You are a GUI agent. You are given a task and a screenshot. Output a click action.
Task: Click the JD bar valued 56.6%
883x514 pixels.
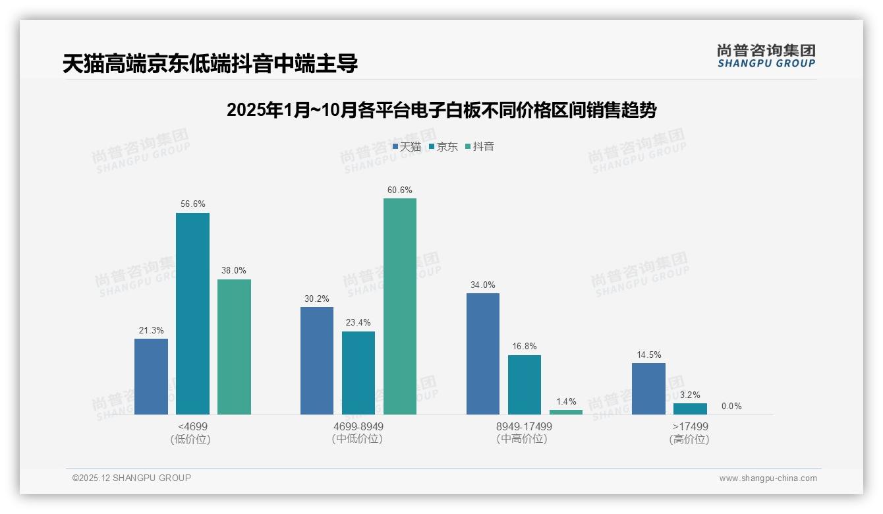pyautogui.click(x=192, y=313)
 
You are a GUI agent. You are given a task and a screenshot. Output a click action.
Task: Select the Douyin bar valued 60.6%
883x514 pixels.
pyautogui.click(x=400, y=306)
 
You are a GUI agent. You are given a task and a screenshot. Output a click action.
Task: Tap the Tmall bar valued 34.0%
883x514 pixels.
pyautogui.click(x=483, y=353)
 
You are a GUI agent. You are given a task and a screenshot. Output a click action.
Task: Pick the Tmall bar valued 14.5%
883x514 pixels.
pyautogui.click(x=648, y=388)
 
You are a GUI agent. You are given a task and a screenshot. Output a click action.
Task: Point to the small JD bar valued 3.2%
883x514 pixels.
pyautogui.click(x=690, y=409)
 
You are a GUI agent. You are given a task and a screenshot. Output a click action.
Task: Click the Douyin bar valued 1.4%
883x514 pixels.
pyautogui.click(x=566, y=412)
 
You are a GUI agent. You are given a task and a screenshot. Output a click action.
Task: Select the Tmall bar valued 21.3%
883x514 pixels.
pyautogui.click(x=151, y=376)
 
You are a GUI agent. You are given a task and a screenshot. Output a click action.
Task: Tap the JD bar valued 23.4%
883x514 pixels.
pyautogui.click(x=358, y=372)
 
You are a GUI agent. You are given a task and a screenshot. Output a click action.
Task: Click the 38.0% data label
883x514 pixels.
pyautogui.click(x=234, y=270)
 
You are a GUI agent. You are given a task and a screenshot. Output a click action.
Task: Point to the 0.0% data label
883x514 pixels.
pyautogui.click(x=731, y=406)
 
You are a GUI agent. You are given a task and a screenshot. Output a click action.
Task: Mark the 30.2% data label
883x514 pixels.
pyautogui.click(x=317, y=299)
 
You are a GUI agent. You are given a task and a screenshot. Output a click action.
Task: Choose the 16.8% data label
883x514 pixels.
pyautogui.click(x=525, y=346)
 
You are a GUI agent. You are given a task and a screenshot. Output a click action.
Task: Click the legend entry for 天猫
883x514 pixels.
pyautogui.click(x=407, y=146)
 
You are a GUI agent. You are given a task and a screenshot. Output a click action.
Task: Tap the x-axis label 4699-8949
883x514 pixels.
pyautogui.click(x=358, y=426)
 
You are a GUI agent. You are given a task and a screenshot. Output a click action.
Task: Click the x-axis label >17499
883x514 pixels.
pyautogui.click(x=689, y=426)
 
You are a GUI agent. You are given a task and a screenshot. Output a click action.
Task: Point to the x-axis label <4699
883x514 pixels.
pyautogui.click(x=192, y=426)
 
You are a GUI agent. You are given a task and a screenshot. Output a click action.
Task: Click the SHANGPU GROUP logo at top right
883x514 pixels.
pyautogui.click(x=766, y=56)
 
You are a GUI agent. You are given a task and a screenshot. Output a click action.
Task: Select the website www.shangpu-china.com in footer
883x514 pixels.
pyautogui.click(x=768, y=478)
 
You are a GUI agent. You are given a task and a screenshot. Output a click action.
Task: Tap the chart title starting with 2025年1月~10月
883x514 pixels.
pyautogui.click(x=441, y=110)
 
